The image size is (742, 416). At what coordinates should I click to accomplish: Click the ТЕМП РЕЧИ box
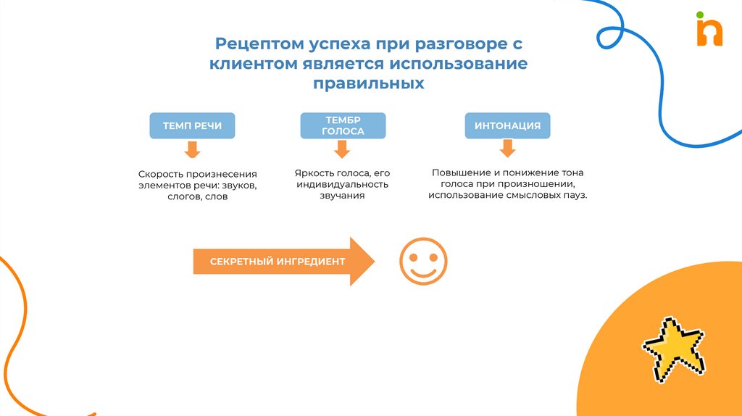click(192, 125)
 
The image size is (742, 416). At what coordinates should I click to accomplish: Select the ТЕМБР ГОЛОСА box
click(343, 125)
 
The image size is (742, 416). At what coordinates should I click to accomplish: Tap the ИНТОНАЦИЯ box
click(507, 125)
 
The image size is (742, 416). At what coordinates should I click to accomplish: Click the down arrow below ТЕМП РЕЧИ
click(192, 150)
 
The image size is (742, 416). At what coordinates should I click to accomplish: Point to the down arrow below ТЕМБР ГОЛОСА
click(342, 149)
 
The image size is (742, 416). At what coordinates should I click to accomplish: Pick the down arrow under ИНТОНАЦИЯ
click(507, 149)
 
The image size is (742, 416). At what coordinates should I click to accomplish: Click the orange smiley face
click(423, 261)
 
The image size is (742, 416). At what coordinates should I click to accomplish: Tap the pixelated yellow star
click(673, 346)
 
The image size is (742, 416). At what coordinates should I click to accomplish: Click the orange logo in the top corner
click(709, 33)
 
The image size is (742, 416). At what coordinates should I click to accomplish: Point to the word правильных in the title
click(368, 84)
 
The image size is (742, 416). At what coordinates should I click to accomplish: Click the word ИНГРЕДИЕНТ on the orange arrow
click(311, 262)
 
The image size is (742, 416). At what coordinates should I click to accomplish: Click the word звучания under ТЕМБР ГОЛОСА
click(342, 196)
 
